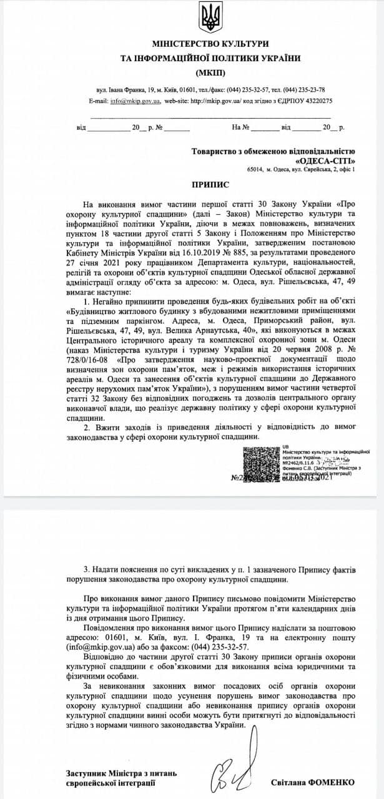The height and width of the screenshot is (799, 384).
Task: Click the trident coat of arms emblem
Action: pos(210,17)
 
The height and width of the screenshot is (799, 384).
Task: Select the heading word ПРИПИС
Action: pos(210,185)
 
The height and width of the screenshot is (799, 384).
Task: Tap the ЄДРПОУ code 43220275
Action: pos(315,100)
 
